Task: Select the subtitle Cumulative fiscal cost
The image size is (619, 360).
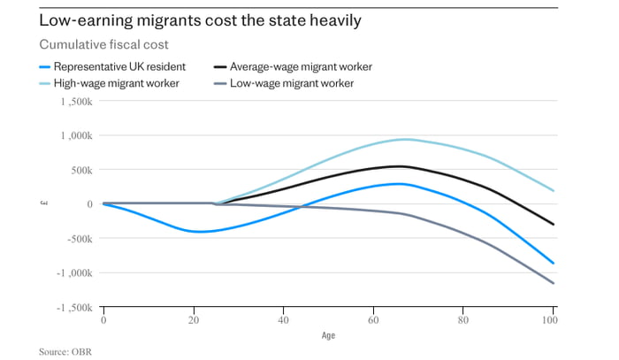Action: (x=103, y=45)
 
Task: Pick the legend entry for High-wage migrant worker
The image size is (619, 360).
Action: (x=116, y=83)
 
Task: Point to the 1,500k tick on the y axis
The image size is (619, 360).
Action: (x=75, y=103)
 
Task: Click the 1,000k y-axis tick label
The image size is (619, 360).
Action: (x=75, y=136)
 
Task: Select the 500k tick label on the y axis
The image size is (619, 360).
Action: (x=80, y=170)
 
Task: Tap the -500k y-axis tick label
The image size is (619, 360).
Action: (x=78, y=239)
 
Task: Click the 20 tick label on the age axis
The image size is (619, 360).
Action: (x=194, y=320)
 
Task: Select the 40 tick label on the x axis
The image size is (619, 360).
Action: (x=284, y=320)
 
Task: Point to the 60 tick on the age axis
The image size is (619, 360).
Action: (x=373, y=320)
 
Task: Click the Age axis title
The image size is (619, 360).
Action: (x=328, y=336)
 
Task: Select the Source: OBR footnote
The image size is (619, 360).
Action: (x=65, y=351)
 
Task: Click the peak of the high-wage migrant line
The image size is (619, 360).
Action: (x=405, y=139)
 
